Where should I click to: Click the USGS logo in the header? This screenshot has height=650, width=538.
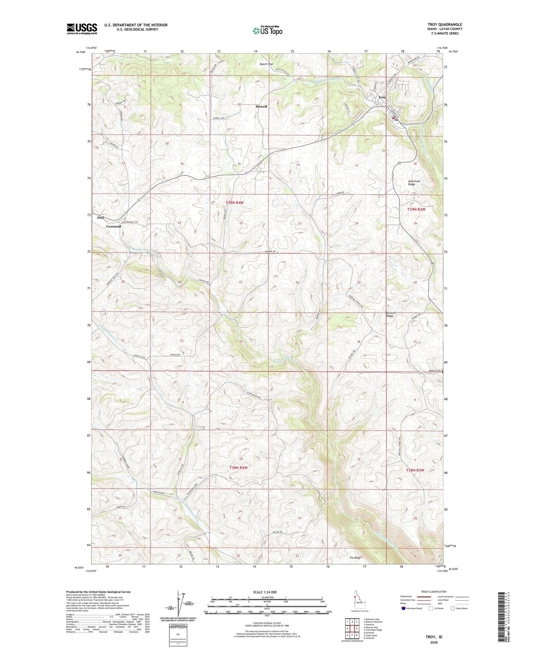point(82,29)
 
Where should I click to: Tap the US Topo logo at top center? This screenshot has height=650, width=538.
point(267,31)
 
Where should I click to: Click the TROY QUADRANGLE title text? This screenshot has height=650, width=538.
point(445,25)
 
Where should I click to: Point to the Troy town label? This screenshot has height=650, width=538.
point(382,98)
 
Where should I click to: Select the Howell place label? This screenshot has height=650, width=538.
point(261,106)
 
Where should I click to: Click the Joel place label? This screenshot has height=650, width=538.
point(100,217)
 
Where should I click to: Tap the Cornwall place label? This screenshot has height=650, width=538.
point(114,226)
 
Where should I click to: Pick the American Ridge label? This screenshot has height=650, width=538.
point(414,183)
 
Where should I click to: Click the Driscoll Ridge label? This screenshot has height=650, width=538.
point(391,315)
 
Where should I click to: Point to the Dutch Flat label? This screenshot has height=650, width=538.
point(266,64)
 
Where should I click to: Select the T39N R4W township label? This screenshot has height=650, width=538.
point(235,203)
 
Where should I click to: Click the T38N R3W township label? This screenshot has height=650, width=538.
point(415,470)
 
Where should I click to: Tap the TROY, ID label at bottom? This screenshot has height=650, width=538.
point(434,637)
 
